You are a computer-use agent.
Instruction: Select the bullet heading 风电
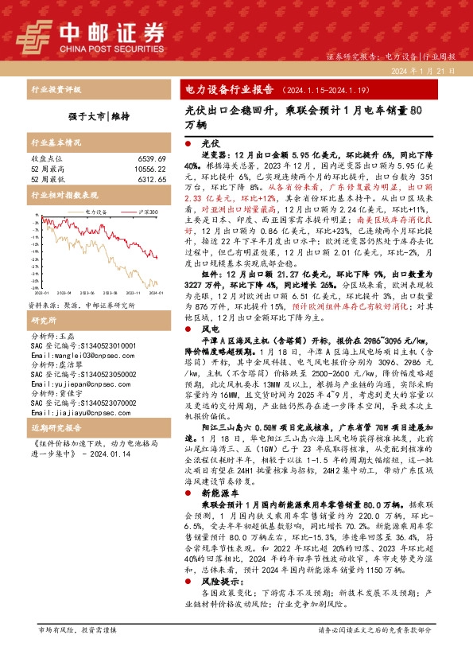pos(211,328)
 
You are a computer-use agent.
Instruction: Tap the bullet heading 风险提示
pos(219,582)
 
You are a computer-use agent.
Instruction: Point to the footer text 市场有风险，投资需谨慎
pos(77,629)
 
